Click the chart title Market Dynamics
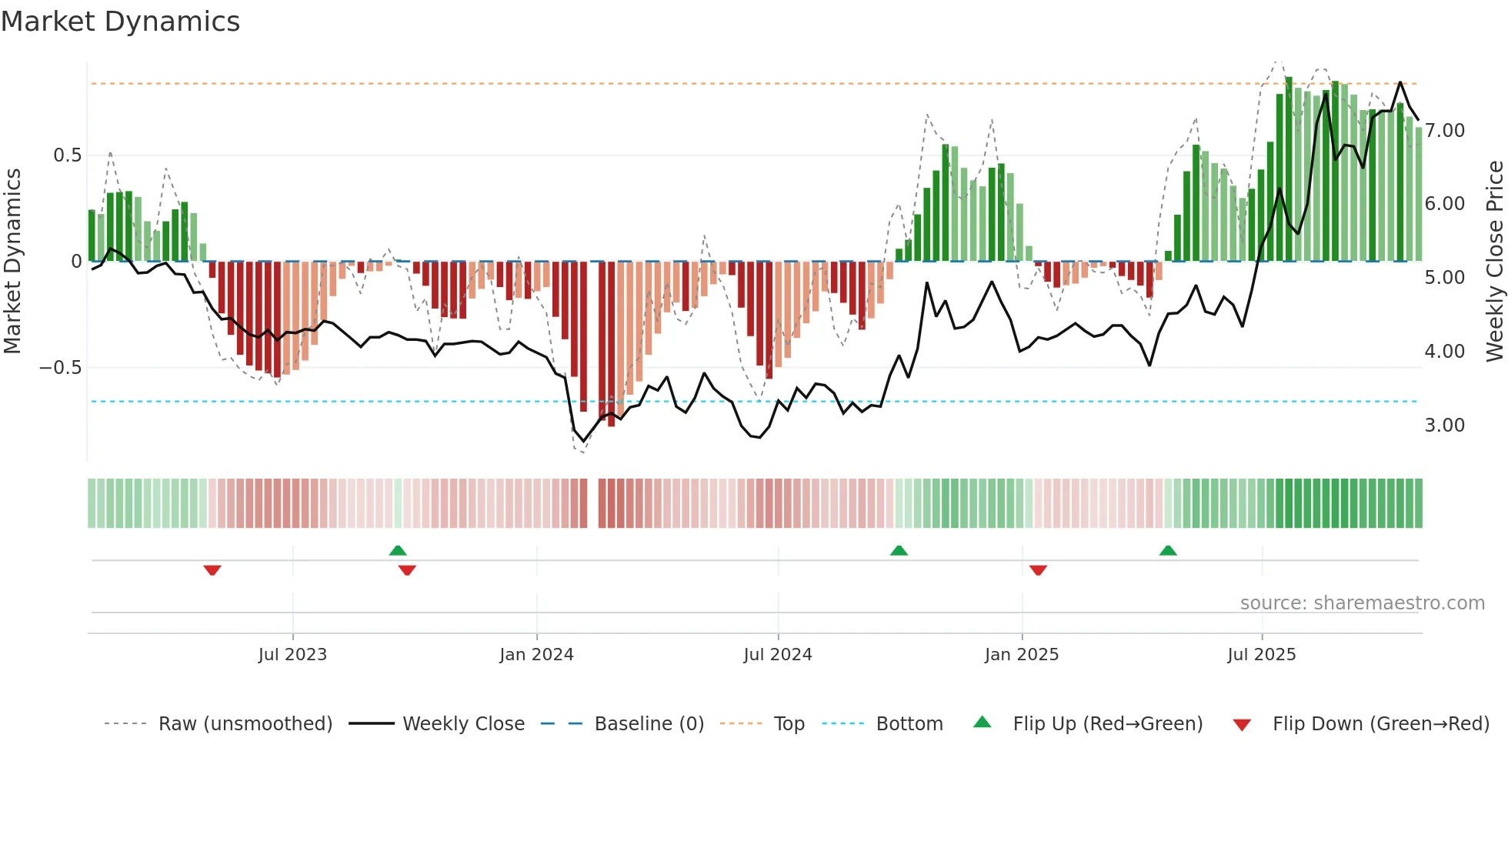coord(121,22)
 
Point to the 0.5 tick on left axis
coord(67,155)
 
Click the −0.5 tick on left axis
coord(61,368)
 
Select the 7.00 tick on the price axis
coord(1444,131)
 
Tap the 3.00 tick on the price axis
coord(1444,426)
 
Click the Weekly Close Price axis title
coord(1494,261)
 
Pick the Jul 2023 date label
coord(292,655)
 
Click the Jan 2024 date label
coord(536,655)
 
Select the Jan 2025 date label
coord(1021,655)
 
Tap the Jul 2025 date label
coord(1261,655)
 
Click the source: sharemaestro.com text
coord(1362,603)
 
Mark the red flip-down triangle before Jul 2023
coord(212,570)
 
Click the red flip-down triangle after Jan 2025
coord(1038,570)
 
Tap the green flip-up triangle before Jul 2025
coord(1168,550)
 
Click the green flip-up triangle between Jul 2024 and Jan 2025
coord(899,550)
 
